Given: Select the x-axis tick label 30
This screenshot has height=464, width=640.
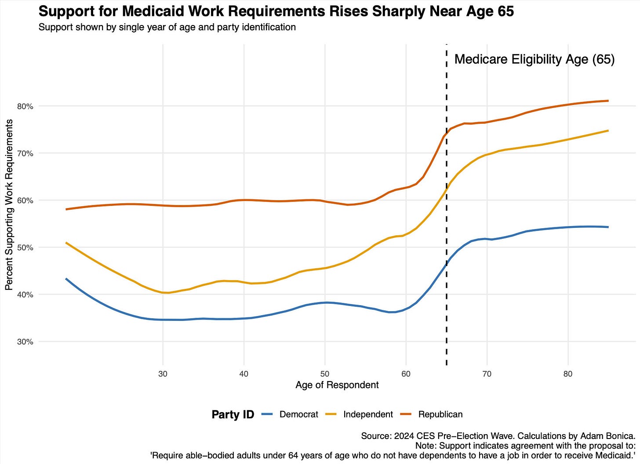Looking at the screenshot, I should pyautogui.click(x=163, y=374).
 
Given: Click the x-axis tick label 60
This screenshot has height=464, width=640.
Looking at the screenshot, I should pyautogui.click(x=406, y=374).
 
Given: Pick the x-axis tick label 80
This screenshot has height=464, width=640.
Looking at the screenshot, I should pyautogui.click(x=568, y=374).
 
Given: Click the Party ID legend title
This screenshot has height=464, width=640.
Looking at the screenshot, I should pyautogui.click(x=233, y=414).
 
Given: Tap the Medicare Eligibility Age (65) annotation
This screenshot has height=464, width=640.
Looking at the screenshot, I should pyautogui.click(x=534, y=59).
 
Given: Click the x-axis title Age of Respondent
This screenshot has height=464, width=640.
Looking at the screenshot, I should pyautogui.click(x=337, y=385).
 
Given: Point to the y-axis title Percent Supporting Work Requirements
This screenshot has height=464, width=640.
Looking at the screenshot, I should pyautogui.click(x=9, y=205).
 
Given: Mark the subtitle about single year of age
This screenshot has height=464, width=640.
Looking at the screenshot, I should pyautogui.click(x=167, y=27).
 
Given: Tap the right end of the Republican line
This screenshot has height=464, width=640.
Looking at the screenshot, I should pyautogui.click(x=608, y=101).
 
